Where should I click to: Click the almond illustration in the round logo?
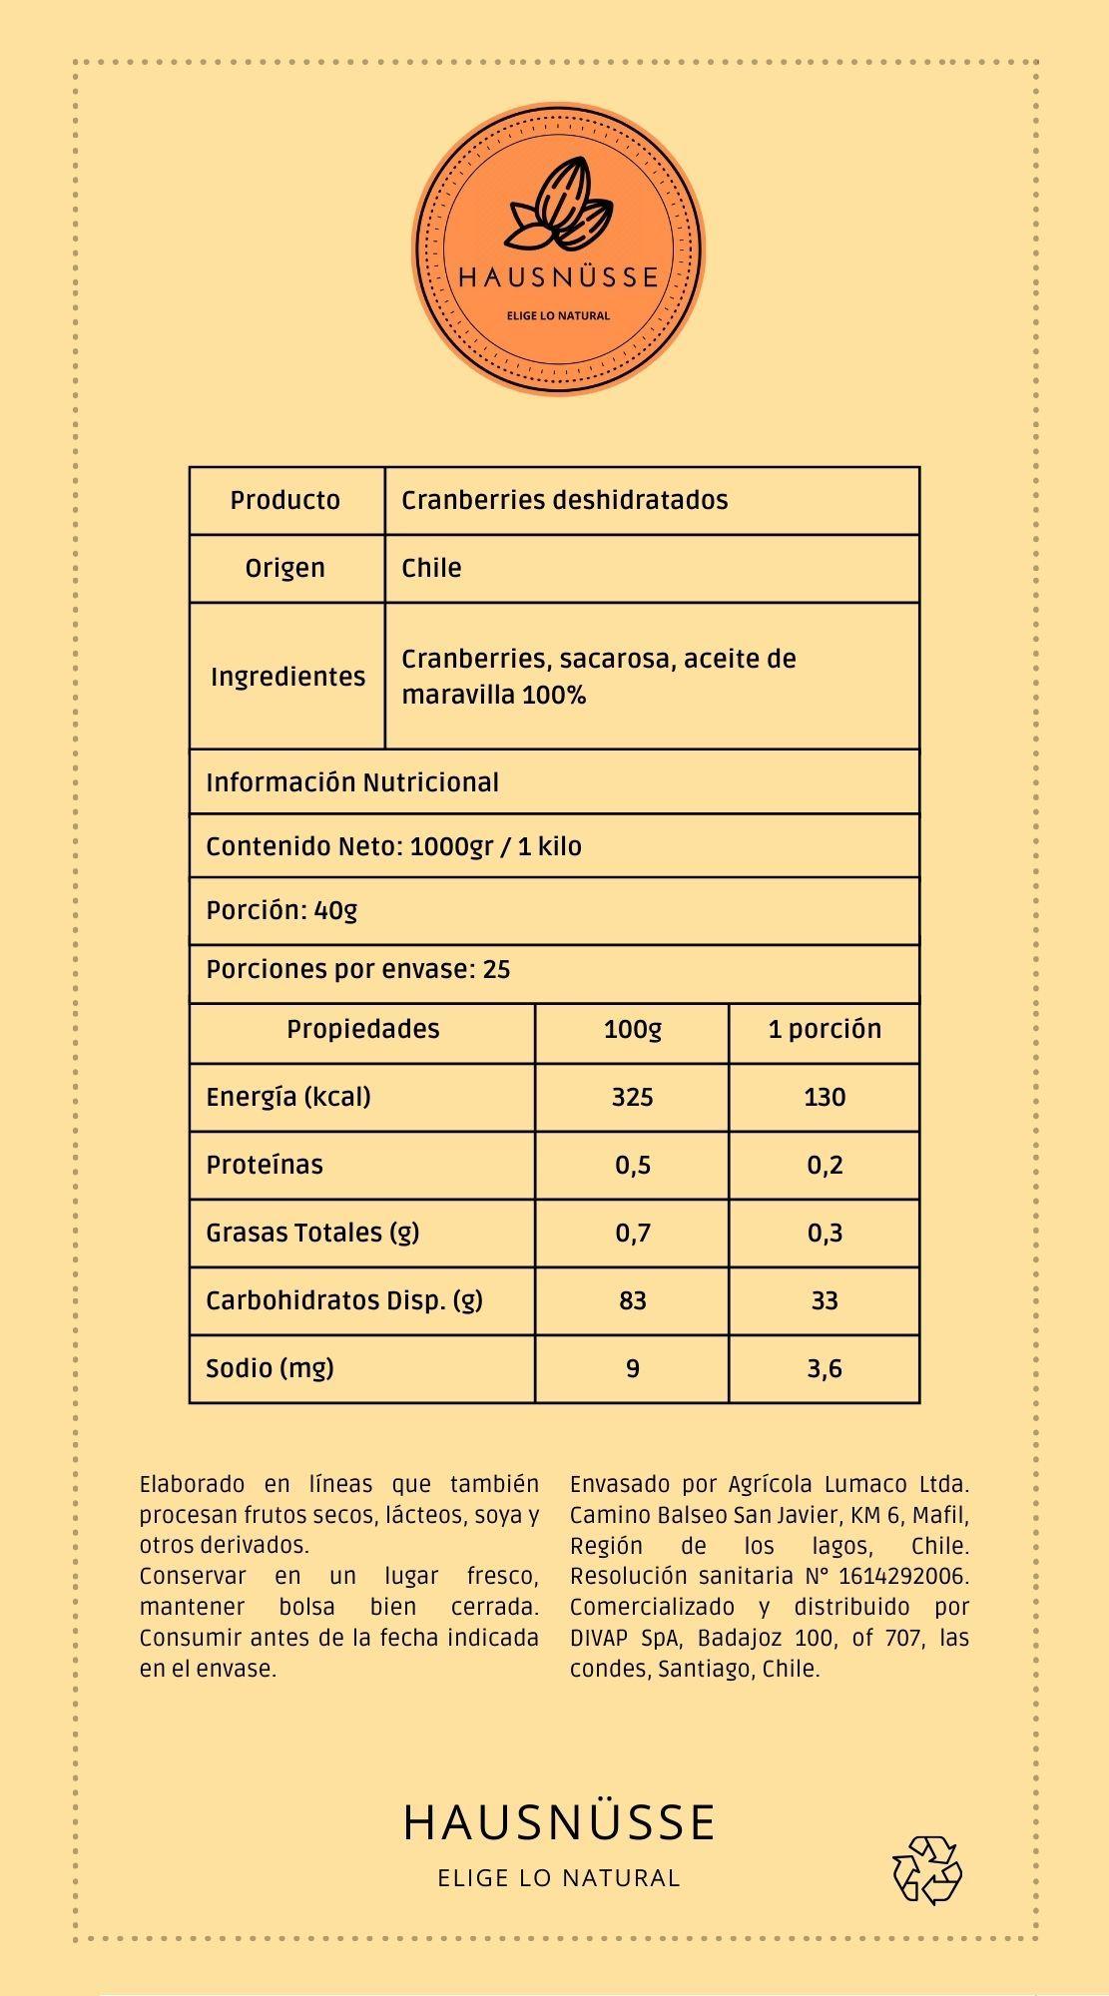558,205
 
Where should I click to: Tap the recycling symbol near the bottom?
926,1869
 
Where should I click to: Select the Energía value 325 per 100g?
632,1097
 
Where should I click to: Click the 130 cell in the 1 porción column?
824,1097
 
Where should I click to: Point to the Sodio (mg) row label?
270,1367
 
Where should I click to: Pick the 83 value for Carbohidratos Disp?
632,1300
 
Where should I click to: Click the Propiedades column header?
362,1029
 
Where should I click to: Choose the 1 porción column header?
824,1029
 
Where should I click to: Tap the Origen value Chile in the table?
431,568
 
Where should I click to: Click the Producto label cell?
285,500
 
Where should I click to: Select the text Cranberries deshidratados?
564,500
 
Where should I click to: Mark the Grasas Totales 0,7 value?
632,1233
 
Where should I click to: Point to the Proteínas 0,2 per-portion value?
824,1165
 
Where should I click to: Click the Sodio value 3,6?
824,1368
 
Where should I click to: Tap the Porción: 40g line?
281,910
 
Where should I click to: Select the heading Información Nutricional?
351,782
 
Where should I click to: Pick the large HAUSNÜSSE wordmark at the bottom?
559,1822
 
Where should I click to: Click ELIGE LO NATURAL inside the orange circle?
558,315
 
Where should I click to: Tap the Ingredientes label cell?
287,677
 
